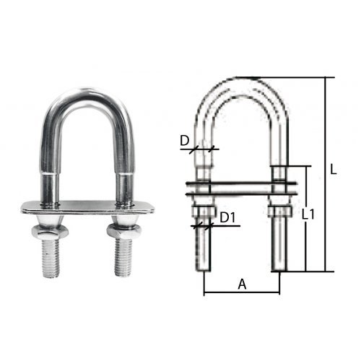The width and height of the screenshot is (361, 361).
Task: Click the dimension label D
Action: click(185, 141)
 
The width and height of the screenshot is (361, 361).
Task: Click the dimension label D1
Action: click(227, 218)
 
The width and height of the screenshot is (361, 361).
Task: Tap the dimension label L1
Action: click(308, 214)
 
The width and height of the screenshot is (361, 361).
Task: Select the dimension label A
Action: click(242, 284)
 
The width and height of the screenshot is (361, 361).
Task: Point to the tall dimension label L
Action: click(333, 169)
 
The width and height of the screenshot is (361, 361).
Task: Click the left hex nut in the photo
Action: click(50, 231)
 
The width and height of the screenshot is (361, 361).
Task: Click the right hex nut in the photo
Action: click(123, 230)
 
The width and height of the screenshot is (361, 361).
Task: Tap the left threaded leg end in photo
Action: click(51, 258)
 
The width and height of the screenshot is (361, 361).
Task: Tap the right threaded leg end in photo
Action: click(123, 257)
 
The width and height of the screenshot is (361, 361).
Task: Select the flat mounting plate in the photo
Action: click(87, 207)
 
